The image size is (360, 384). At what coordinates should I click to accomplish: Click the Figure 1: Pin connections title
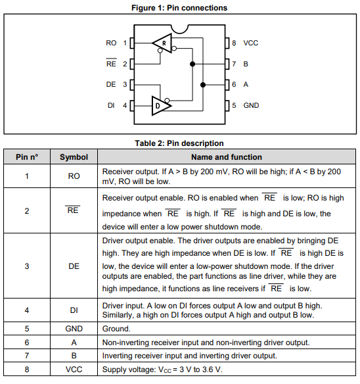tap(179, 8)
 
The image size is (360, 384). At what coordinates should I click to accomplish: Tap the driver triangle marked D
tap(160, 105)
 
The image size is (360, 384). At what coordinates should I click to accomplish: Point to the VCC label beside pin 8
tap(251, 43)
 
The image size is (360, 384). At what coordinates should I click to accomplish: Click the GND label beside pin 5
tap(251, 105)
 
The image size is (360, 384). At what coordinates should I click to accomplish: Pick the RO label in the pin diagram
tap(111, 43)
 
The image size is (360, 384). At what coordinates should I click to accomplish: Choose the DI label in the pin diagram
tap(111, 105)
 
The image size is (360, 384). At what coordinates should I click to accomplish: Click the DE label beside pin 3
tap(111, 85)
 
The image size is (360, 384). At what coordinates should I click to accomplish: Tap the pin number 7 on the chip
tap(234, 64)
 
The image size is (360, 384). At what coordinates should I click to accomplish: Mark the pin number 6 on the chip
tap(234, 85)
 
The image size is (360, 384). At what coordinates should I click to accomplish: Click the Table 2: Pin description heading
tap(179, 143)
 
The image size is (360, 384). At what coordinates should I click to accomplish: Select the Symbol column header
tap(74, 157)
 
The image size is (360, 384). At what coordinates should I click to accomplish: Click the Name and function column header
tap(227, 157)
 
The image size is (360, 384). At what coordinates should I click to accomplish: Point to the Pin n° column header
tap(27, 157)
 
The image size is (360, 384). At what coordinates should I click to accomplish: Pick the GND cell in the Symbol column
tap(74, 328)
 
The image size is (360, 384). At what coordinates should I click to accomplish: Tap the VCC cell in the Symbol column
tap(74, 370)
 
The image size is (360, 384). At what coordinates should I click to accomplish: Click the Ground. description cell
tap(118, 328)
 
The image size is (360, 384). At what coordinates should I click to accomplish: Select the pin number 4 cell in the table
tap(27, 310)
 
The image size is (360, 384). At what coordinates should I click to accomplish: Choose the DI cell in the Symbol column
tap(74, 310)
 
